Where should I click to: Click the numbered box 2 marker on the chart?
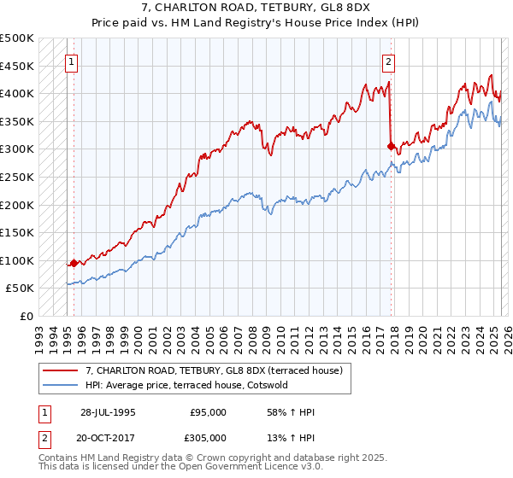click(388, 61)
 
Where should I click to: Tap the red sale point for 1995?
click(74, 263)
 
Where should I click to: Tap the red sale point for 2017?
click(392, 147)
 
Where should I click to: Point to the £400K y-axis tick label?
click(17, 93)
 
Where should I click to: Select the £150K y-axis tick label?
click(17, 232)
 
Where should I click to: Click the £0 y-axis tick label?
click(26, 316)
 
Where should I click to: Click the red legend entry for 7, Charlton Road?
click(214, 370)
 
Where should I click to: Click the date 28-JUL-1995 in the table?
click(108, 412)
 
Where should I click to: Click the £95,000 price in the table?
click(209, 412)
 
